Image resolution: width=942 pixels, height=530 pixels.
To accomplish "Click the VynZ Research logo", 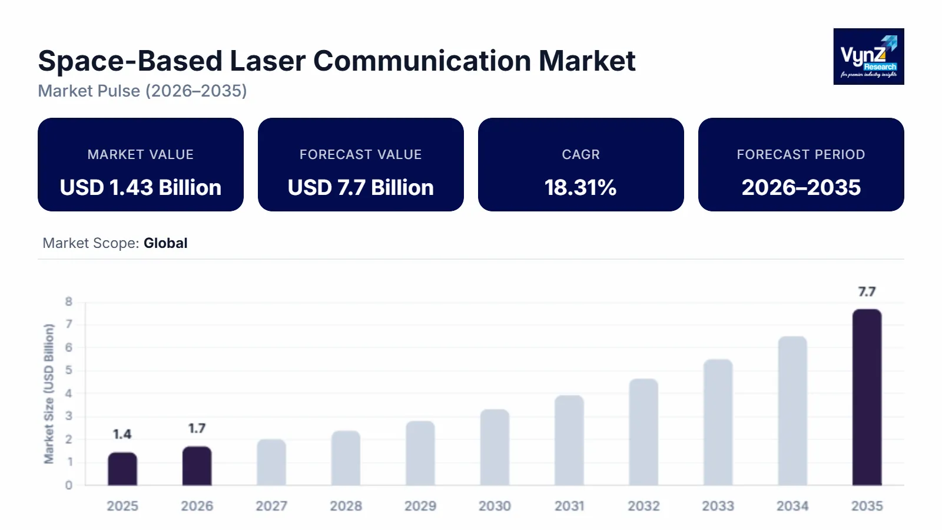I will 868,57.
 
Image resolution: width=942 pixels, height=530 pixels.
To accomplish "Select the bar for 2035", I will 867,397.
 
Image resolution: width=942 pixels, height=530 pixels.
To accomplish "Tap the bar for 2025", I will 122,469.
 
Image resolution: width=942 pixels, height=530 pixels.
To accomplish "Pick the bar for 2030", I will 495,448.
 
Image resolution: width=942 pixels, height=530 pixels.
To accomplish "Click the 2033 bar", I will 718,422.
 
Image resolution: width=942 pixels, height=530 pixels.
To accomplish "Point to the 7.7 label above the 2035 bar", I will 867,291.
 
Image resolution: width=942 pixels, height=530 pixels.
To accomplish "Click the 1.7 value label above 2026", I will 197,428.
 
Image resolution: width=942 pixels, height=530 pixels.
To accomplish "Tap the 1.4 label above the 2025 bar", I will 122,434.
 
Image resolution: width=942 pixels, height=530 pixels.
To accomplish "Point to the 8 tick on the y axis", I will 69,302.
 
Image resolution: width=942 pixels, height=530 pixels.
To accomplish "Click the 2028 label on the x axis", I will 346,506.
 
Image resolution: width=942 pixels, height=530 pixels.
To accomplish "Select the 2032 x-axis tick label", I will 644,506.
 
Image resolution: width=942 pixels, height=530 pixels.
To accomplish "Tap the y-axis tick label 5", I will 69,370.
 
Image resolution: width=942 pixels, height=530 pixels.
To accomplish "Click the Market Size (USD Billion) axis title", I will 49,393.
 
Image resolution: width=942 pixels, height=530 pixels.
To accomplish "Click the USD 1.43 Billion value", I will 141,187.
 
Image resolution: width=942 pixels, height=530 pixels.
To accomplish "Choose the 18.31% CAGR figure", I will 581,187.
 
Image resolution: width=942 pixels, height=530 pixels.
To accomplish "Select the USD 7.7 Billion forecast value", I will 360,187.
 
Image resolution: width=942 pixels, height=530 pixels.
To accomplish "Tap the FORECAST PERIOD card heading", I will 801,154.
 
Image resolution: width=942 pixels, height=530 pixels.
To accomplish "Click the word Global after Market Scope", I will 165,243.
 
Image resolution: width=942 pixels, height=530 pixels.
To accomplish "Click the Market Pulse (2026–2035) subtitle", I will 142,91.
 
